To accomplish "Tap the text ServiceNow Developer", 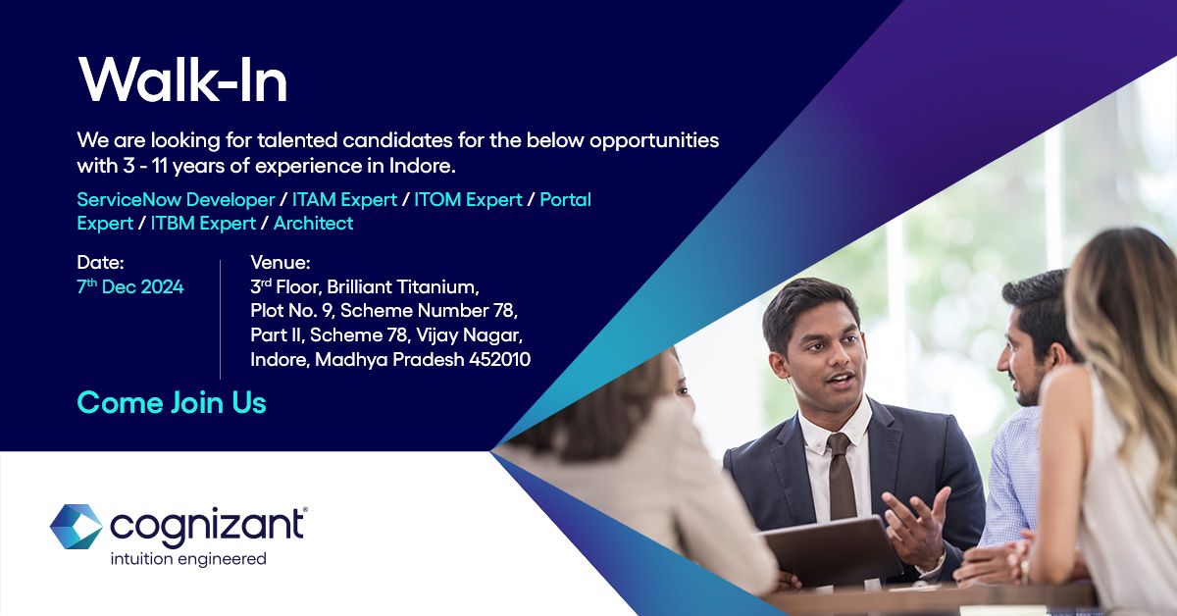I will tap(176, 200).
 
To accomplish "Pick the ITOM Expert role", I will tap(468, 200).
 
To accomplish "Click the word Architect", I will tap(313, 224).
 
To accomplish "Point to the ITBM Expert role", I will tap(203, 224).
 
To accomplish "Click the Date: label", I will tap(101, 263).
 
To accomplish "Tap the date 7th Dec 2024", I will tap(130, 287).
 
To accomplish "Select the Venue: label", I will tap(281, 263).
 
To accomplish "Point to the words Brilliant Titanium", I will tap(403, 287).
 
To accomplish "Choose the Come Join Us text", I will tap(172, 402).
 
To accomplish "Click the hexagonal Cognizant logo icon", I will tap(76, 527).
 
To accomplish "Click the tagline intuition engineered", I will tap(187, 559).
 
